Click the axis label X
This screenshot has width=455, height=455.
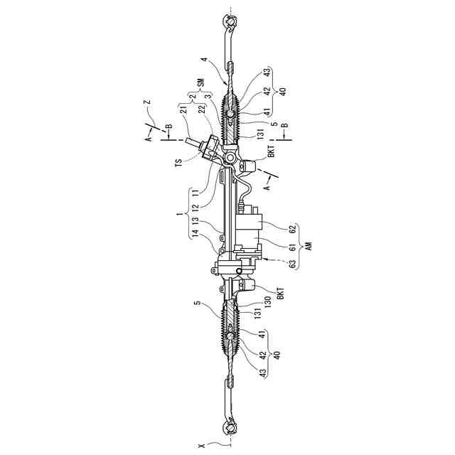tap(202, 445)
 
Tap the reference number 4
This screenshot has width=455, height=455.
tap(204, 63)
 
